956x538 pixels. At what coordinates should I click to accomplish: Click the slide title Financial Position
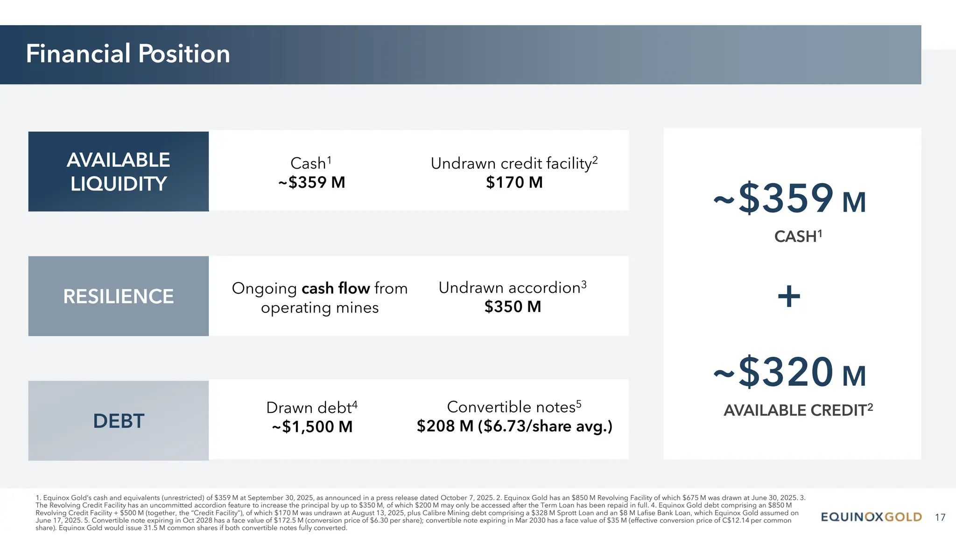[x=128, y=54]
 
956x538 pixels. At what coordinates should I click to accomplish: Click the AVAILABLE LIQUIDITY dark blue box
[x=118, y=171]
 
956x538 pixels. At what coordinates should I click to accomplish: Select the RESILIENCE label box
[x=118, y=296]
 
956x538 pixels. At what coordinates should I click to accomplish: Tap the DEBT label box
[x=118, y=421]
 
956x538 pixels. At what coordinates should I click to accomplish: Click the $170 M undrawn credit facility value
[x=514, y=182]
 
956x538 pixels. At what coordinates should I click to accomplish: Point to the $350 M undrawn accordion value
[x=513, y=307]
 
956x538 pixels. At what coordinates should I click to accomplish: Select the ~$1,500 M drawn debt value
[x=312, y=426]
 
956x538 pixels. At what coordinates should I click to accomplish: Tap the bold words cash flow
[x=336, y=288]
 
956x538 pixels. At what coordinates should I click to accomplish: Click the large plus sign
[x=789, y=296]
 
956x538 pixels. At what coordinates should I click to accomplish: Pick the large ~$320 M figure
[x=790, y=372]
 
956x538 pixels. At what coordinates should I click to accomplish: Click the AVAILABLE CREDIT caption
[x=797, y=410]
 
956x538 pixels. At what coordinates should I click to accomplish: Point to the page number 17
[x=940, y=517]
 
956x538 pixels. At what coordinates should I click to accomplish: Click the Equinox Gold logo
[x=871, y=517]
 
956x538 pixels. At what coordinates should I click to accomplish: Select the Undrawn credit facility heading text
[x=513, y=163]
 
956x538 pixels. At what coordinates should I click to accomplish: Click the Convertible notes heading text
[x=513, y=407]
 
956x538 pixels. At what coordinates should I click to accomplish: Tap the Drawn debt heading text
[x=311, y=407]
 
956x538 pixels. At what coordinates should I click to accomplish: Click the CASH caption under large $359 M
[x=797, y=236]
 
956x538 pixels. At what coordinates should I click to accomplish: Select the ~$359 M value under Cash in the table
[x=312, y=182]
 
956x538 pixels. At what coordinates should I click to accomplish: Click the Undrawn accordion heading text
[x=512, y=287]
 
